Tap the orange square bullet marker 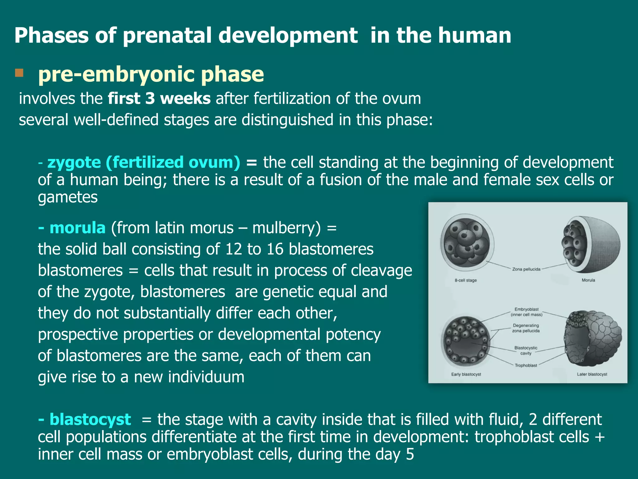coord(19,73)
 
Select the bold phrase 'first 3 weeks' coord(159,99)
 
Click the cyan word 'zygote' coord(74,162)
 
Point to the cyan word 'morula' coord(77,228)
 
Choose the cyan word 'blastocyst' coord(90,419)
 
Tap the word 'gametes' coord(68,197)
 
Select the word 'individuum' coord(206,377)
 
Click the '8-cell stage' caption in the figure coord(465,280)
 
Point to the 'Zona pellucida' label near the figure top coord(526,269)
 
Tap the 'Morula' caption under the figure coord(588,280)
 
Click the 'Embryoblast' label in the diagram coord(526,309)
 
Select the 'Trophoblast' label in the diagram coord(526,365)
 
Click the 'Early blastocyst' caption coord(466,374)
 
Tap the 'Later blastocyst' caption coord(592,374)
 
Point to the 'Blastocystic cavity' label coord(526,350)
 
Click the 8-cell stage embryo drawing coord(467,243)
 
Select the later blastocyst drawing coord(592,338)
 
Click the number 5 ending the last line coord(410,454)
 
